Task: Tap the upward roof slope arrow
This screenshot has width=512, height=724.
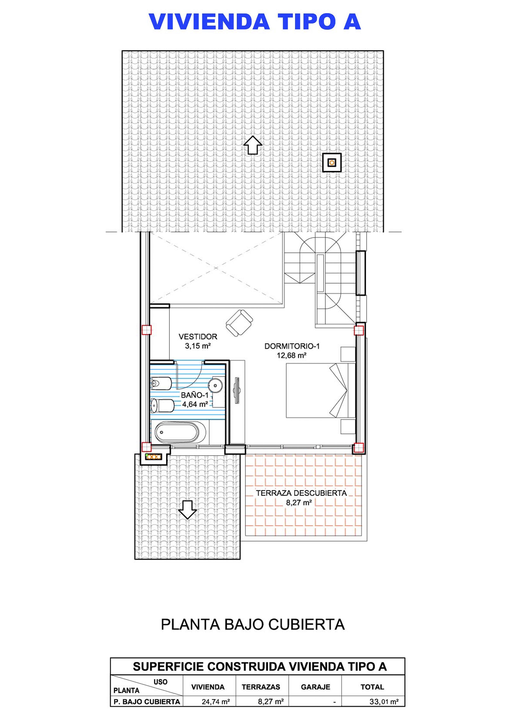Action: pyautogui.click(x=253, y=145)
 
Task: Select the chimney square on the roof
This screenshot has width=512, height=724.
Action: pyautogui.click(x=332, y=163)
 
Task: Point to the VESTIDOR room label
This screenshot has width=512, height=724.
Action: pyautogui.click(x=198, y=337)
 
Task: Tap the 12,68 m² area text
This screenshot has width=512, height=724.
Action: pyautogui.click(x=292, y=355)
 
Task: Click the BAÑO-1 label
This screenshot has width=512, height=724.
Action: pyautogui.click(x=194, y=395)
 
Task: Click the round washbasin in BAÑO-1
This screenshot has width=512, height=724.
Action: pyautogui.click(x=216, y=384)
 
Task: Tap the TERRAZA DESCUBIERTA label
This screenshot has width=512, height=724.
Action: pyautogui.click(x=301, y=493)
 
